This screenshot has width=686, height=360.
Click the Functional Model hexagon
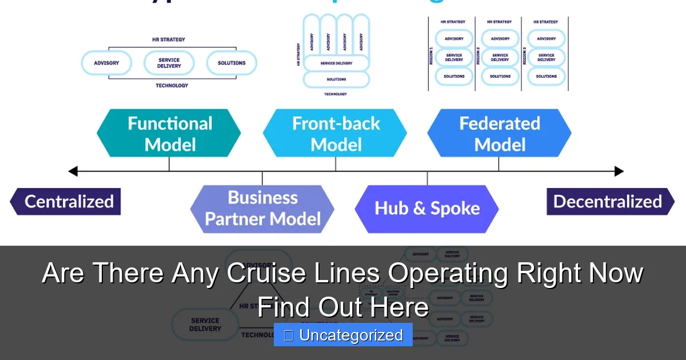click(169, 134)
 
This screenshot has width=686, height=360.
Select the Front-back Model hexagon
click(336, 134)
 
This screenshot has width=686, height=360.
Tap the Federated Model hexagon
click(499, 134)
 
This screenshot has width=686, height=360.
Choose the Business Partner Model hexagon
click(262, 209)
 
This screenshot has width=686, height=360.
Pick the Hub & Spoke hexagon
click(427, 209)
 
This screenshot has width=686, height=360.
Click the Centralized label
click(66, 202)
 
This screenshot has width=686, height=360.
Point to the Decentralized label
click(609, 202)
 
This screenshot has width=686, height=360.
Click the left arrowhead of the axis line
click(73, 171)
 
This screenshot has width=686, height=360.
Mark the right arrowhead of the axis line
click(619, 171)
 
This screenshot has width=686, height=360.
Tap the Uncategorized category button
click(343, 335)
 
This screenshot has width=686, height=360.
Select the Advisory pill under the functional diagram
click(106, 63)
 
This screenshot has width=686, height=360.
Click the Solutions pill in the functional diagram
click(232, 63)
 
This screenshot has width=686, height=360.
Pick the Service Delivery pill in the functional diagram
click(169, 63)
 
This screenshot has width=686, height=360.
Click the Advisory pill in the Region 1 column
click(454, 39)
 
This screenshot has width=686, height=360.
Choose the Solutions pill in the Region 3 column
click(546, 76)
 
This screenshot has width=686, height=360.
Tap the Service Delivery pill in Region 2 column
click(500, 57)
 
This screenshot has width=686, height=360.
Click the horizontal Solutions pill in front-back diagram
click(336, 79)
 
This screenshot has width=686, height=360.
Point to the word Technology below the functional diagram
click(171, 86)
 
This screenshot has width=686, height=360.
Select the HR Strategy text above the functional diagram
click(169, 40)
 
